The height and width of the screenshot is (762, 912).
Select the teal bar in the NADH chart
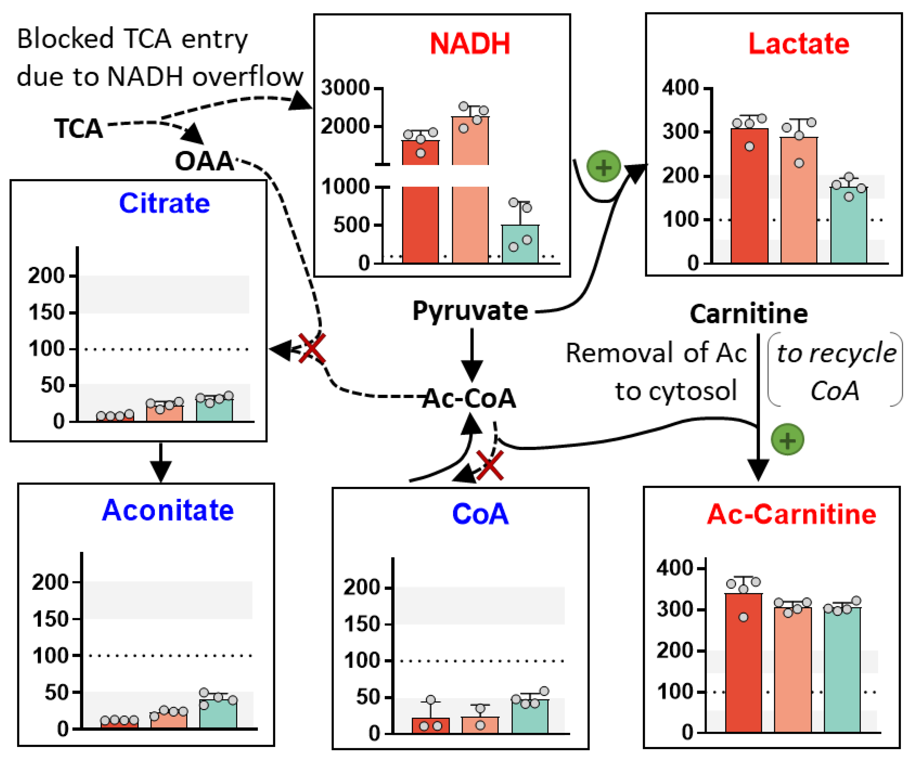(x=520, y=244)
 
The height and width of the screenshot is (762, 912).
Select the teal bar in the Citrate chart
(x=214, y=410)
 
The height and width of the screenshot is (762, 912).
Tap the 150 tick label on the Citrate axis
(x=46, y=313)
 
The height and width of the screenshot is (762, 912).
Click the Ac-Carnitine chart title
(x=791, y=515)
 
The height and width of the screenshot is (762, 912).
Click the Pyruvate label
(x=470, y=311)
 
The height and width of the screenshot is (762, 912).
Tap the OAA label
(x=204, y=161)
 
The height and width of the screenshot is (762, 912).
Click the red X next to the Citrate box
(x=312, y=348)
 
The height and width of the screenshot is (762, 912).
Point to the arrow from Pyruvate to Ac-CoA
(x=472, y=354)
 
